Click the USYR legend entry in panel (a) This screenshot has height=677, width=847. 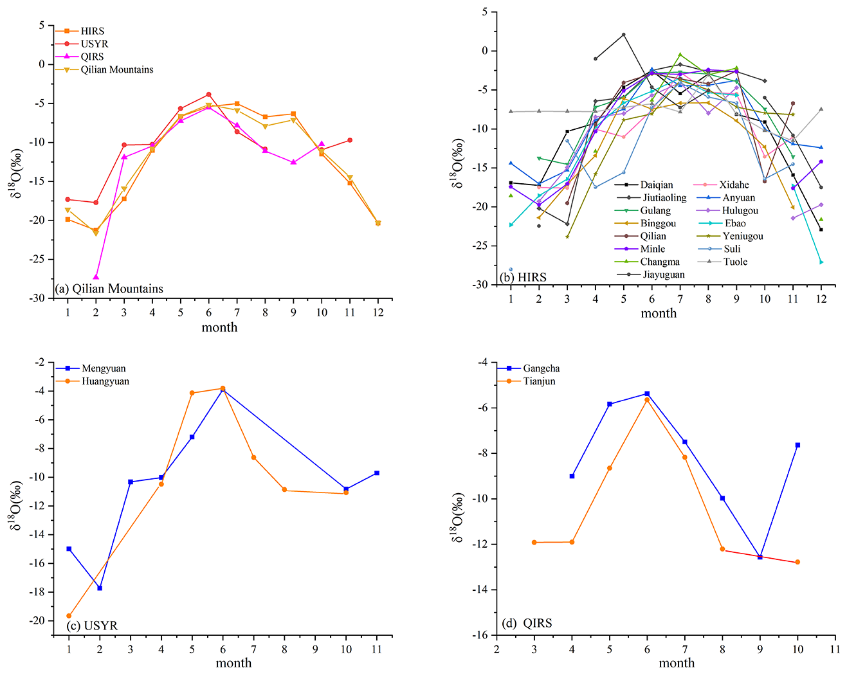(95, 44)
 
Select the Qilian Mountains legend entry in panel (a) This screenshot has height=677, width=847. (116, 69)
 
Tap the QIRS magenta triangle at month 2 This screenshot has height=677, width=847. (96, 277)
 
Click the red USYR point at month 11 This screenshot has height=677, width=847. (350, 140)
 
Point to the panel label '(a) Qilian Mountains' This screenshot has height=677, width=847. (109, 289)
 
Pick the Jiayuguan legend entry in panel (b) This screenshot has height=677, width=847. (662, 275)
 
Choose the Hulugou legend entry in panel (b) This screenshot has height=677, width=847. (740, 210)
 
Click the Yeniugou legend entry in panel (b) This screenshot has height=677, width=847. (743, 236)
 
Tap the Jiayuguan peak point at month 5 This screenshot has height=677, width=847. (623, 35)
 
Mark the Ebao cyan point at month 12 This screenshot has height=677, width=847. (821, 262)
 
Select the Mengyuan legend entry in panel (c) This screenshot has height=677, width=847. (104, 368)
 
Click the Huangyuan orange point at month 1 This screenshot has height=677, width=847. (69, 616)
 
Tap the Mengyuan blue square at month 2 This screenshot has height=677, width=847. (100, 588)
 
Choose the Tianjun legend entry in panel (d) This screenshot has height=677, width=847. (539, 381)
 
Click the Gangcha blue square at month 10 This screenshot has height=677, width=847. (797, 445)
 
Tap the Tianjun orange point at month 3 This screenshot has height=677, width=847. (534, 543)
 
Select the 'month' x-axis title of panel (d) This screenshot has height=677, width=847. (677, 663)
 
